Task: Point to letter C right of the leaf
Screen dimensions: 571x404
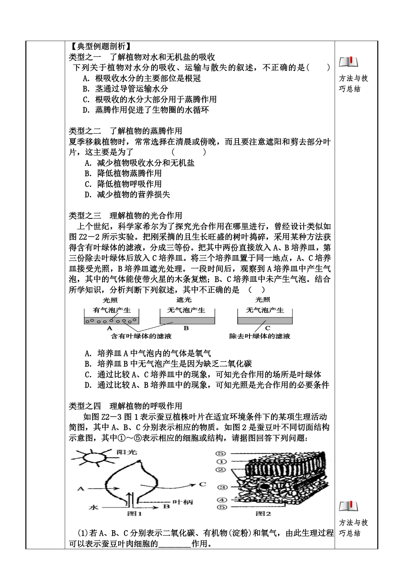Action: (202, 484)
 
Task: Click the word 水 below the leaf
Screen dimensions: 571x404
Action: (93, 507)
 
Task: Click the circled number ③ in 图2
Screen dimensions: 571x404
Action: (222, 487)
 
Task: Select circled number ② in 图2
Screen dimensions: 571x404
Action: (221, 470)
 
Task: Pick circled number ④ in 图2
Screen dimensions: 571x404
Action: (222, 500)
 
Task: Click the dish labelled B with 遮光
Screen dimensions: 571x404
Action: (187, 321)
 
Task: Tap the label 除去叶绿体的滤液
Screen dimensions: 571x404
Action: (259, 336)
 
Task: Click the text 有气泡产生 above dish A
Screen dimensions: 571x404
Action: (112, 310)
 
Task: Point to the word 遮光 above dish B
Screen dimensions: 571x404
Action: (184, 300)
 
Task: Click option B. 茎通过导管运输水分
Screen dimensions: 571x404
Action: (125, 89)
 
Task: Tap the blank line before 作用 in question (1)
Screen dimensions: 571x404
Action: (174, 544)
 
